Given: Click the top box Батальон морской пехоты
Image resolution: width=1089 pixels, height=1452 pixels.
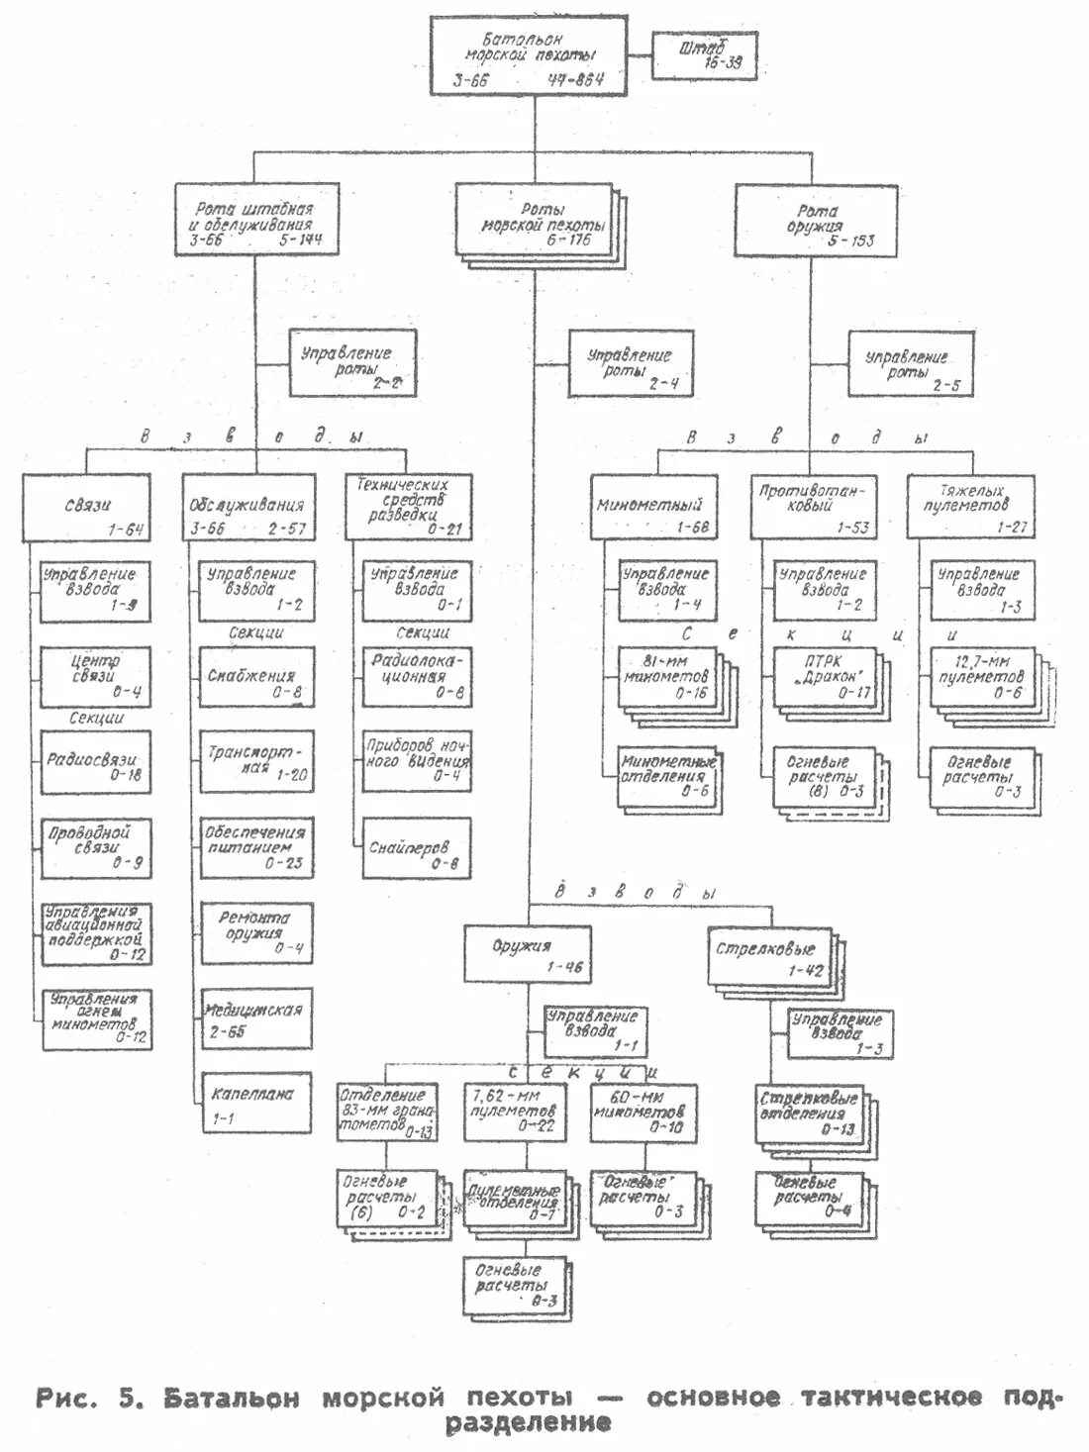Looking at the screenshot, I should (x=529, y=56).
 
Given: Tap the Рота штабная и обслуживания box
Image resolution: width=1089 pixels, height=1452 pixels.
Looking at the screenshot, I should (x=256, y=221).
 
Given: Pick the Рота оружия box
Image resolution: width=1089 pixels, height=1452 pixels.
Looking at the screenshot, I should (x=816, y=221).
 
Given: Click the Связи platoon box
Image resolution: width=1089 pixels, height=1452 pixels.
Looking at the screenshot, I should (x=88, y=507).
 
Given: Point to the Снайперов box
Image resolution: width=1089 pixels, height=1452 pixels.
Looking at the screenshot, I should (x=415, y=848).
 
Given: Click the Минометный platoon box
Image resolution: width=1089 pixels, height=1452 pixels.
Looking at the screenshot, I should (x=653, y=508).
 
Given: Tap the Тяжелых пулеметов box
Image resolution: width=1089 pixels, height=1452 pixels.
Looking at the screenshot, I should (x=970, y=506).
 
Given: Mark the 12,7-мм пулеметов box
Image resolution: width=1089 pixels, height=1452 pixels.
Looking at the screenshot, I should (x=982, y=677).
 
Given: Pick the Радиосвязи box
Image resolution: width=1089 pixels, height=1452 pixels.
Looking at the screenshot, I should (x=95, y=762).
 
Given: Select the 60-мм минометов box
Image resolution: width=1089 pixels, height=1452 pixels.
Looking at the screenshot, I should (x=643, y=1113).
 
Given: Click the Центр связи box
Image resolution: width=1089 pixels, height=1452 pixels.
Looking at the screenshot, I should (x=95, y=677).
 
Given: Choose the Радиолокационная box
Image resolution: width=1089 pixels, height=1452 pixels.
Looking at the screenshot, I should (x=416, y=677).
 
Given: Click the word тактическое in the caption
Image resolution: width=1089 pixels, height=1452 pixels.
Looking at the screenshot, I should (x=892, y=1397).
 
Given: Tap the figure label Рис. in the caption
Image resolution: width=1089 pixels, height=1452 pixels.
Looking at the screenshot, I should (x=66, y=1398).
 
